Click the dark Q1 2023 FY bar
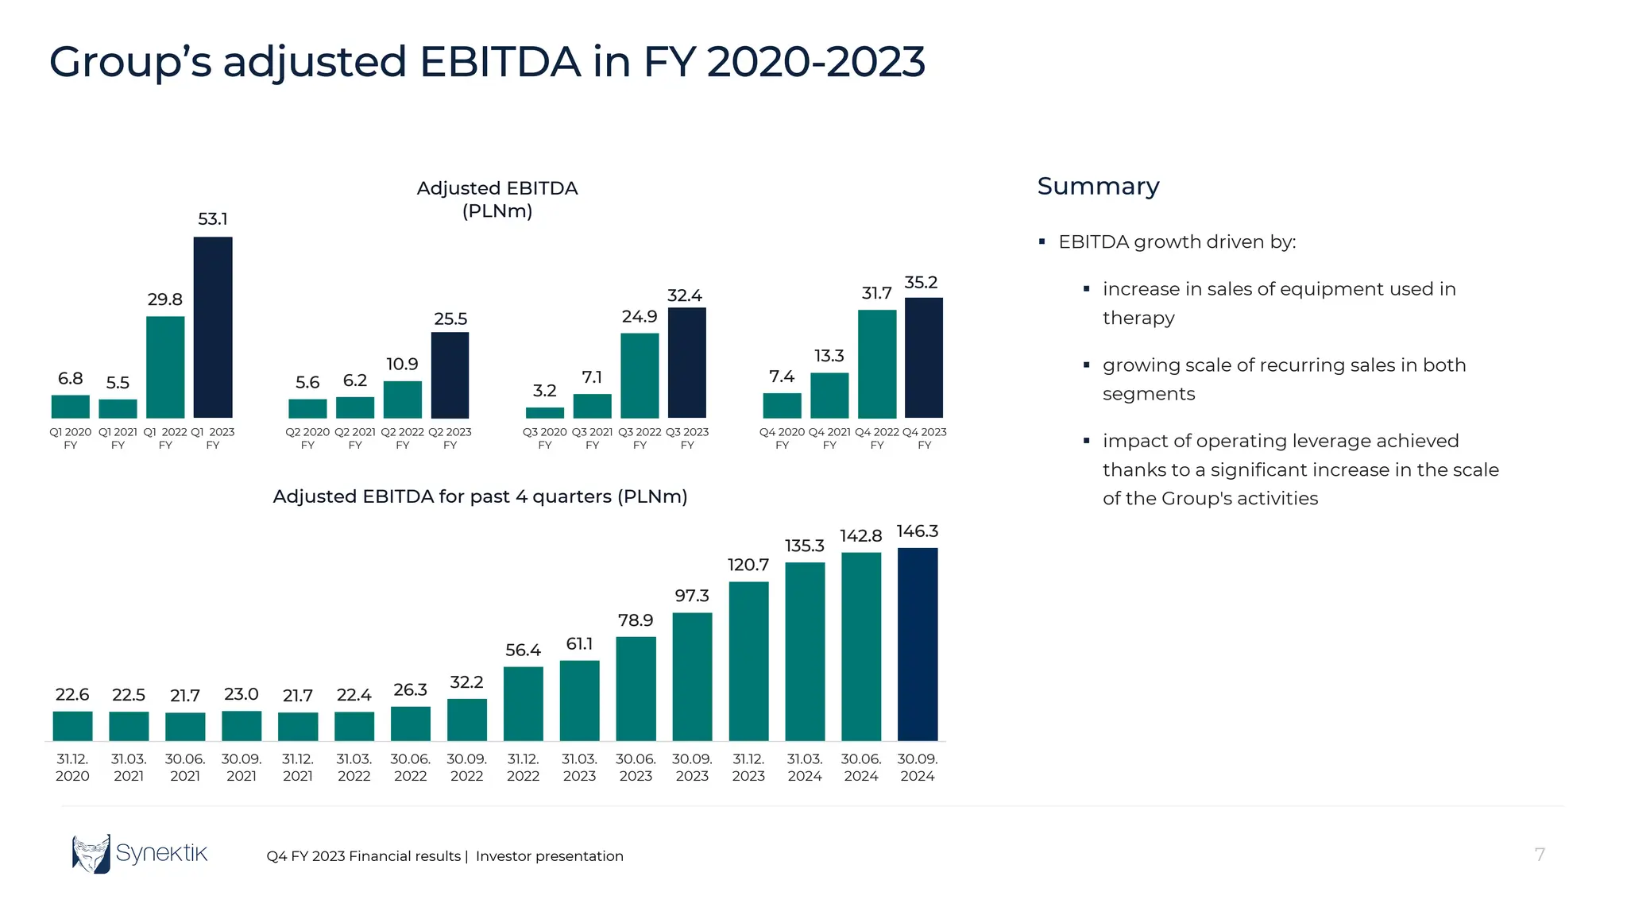click(x=213, y=327)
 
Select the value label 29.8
click(x=164, y=299)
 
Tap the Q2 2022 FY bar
click(x=402, y=400)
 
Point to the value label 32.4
click(x=684, y=295)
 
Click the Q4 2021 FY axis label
click(x=829, y=438)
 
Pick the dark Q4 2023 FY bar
click(x=924, y=357)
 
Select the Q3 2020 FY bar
click(x=544, y=413)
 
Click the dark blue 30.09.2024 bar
click(x=918, y=644)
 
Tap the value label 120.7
click(x=748, y=565)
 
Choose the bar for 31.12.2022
click(x=523, y=704)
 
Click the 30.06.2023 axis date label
click(x=636, y=767)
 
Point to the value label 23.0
click(x=241, y=694)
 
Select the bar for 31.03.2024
click(x=805, y=651)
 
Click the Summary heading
click(x=1098, y=186)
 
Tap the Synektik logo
click(x=139, y=854)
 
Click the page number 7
click(x=1540, y=855)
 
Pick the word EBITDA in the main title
click(x=500, y=62)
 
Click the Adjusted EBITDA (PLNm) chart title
click(x=497, y=199)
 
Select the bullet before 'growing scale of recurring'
click(x=1086, y=365)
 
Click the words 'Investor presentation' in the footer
click(x=549, y=856)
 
